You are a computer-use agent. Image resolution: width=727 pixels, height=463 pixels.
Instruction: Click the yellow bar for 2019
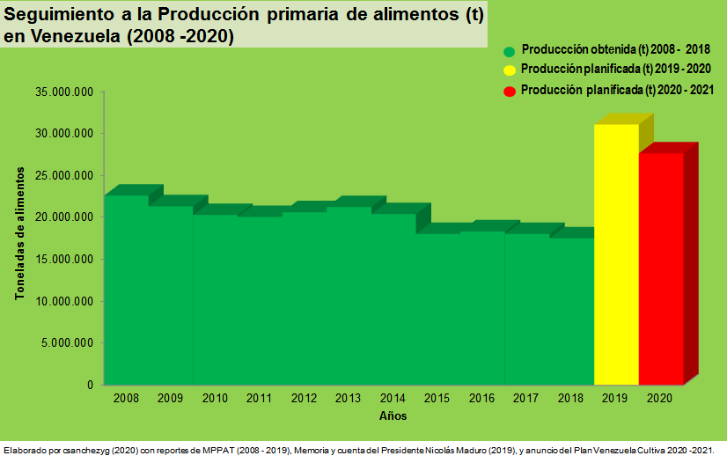(616, 254)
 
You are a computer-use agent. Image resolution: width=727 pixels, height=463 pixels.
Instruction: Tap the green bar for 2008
(126, 290)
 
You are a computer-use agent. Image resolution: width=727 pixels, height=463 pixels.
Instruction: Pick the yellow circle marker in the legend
(509, 70)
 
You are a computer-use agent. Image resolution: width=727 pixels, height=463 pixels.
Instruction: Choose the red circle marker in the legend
(509, 91)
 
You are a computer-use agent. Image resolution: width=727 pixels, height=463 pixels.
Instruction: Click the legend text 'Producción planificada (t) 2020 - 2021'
(617, 91)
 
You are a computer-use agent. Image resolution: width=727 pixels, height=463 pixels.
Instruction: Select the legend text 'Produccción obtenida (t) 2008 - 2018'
(615, 50)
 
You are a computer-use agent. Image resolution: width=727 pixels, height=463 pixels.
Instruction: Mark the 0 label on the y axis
(90, 385)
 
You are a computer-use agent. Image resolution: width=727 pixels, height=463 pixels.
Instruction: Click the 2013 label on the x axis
(349, 399)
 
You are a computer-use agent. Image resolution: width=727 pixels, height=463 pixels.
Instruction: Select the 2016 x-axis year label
(481, 399)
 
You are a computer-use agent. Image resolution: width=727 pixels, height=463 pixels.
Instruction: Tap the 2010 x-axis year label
(215, 399)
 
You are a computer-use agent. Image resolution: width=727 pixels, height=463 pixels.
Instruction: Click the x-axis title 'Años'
(393, 415)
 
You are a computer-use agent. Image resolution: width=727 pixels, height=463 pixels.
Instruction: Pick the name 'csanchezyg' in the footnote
(82, 451)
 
